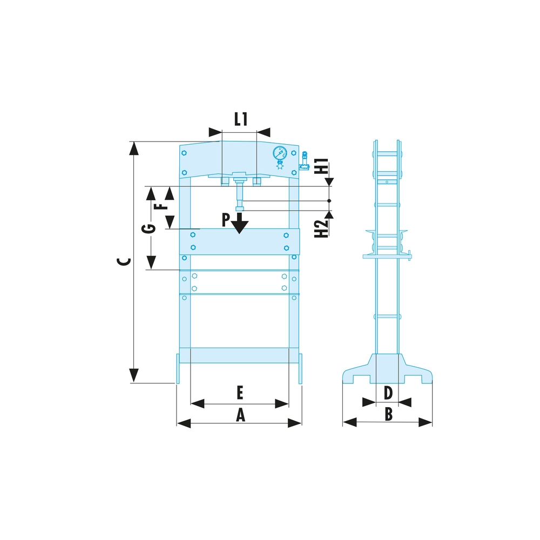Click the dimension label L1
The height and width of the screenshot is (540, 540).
point(241,119)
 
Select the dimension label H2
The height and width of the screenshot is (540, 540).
point(322,228)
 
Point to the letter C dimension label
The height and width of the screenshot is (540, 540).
point(124,261)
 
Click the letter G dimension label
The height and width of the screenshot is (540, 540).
point(149,228)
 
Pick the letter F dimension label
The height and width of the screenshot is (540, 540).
point(160,206)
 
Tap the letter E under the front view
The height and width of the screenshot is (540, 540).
point(240,393)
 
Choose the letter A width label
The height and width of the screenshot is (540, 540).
point(240,415)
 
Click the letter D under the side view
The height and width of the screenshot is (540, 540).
point(388,393)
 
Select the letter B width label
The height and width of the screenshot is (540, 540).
point(388,414)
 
